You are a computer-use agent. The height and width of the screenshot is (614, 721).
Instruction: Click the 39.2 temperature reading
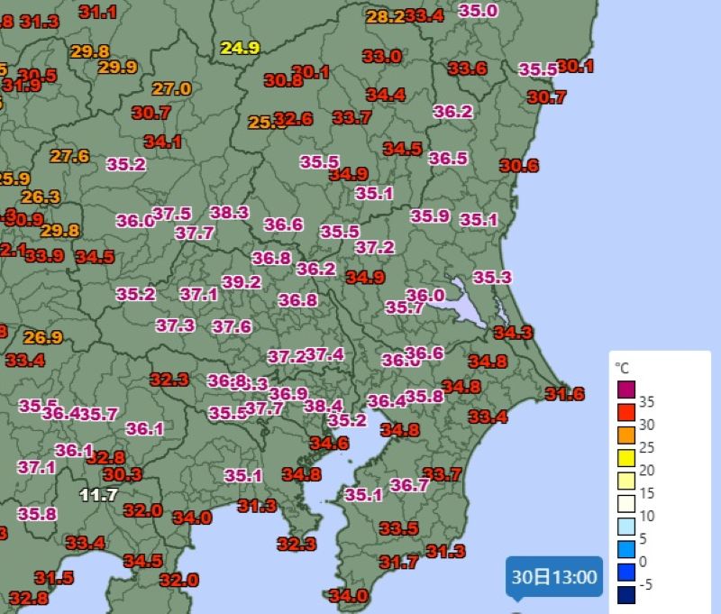[x=242, y=282]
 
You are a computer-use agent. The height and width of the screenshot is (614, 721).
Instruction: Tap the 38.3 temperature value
[x=229, y=212]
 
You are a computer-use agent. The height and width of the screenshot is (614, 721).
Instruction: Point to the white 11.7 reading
[x=99, y=494]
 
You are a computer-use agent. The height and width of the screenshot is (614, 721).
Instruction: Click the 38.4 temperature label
[x=324, y=406]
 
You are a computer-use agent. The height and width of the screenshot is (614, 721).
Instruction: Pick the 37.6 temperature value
[x=232, y=326]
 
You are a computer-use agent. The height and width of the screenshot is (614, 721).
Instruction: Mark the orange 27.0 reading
[x=171, y=88]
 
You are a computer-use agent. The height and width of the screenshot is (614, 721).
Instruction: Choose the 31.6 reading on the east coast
[x=565, y=393]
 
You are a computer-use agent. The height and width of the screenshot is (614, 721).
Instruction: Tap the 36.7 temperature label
[x=410, y=485]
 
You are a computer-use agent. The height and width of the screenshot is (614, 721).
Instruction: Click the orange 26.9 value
[x=43, y=337]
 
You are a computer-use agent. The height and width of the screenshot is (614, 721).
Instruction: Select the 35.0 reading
[x=479, y=11]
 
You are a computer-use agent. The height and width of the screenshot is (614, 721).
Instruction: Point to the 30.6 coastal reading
[x=519, y=165]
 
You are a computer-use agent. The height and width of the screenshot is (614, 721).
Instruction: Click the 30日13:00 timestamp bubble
[x=553, y=577]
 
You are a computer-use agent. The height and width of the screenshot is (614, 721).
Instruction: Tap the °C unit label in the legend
[x=622, y=368]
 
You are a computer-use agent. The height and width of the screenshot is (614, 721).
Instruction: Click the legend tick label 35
[x=646, y=401]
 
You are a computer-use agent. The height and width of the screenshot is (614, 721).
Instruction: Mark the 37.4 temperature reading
[x=324, y=354]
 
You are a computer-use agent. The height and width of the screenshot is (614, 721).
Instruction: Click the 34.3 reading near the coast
[x=514, y=333]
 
